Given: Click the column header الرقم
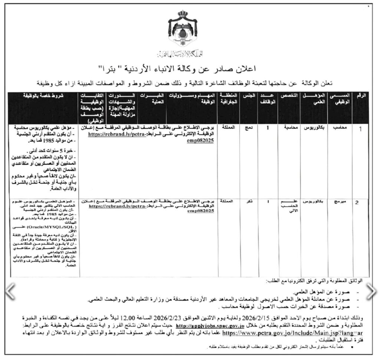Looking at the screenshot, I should (x=361, y=96).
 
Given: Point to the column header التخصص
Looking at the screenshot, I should (x=290, y=96).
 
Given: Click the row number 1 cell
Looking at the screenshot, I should (x=358, y=129).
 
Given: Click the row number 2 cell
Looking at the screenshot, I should (x=357, y=203).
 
